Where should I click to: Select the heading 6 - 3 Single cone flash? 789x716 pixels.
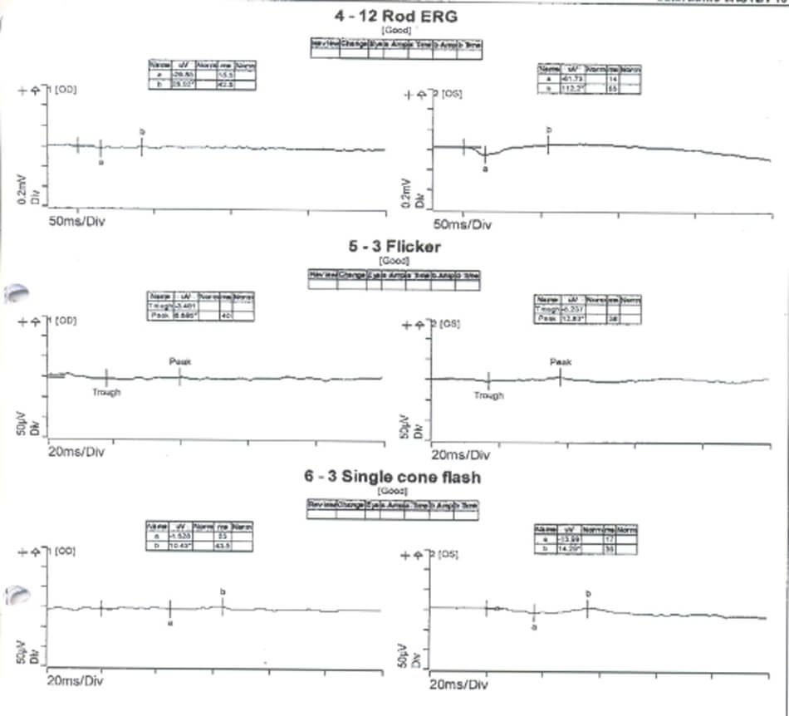click(393, 477)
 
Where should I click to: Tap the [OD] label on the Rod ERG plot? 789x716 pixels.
click(66, 89)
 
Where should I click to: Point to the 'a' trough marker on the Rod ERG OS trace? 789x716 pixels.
click(486, 168)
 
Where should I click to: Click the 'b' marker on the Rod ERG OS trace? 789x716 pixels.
click(548, 130)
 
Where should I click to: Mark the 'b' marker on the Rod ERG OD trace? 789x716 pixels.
click(142, 132)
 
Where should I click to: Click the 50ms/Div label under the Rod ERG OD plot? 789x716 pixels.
click(77, 223)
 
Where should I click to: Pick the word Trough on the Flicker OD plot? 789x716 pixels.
click(106, 392)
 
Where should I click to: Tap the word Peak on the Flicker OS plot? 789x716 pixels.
click(561, 362)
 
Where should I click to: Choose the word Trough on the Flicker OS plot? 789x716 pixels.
click(488, 396)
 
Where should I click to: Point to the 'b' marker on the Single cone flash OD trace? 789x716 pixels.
click(223, 591)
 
